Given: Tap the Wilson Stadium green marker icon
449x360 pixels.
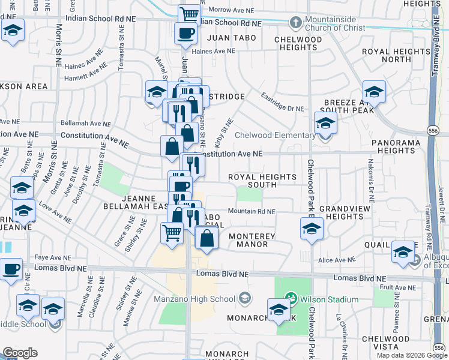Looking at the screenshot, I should click(291, 297).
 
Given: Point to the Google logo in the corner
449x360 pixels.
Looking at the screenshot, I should click(20, 353).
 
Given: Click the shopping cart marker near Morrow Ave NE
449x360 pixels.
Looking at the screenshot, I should click(189, 14).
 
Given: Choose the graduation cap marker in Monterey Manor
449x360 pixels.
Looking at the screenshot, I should click(312, 229).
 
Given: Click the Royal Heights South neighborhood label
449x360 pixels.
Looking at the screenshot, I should click(262, 181).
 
